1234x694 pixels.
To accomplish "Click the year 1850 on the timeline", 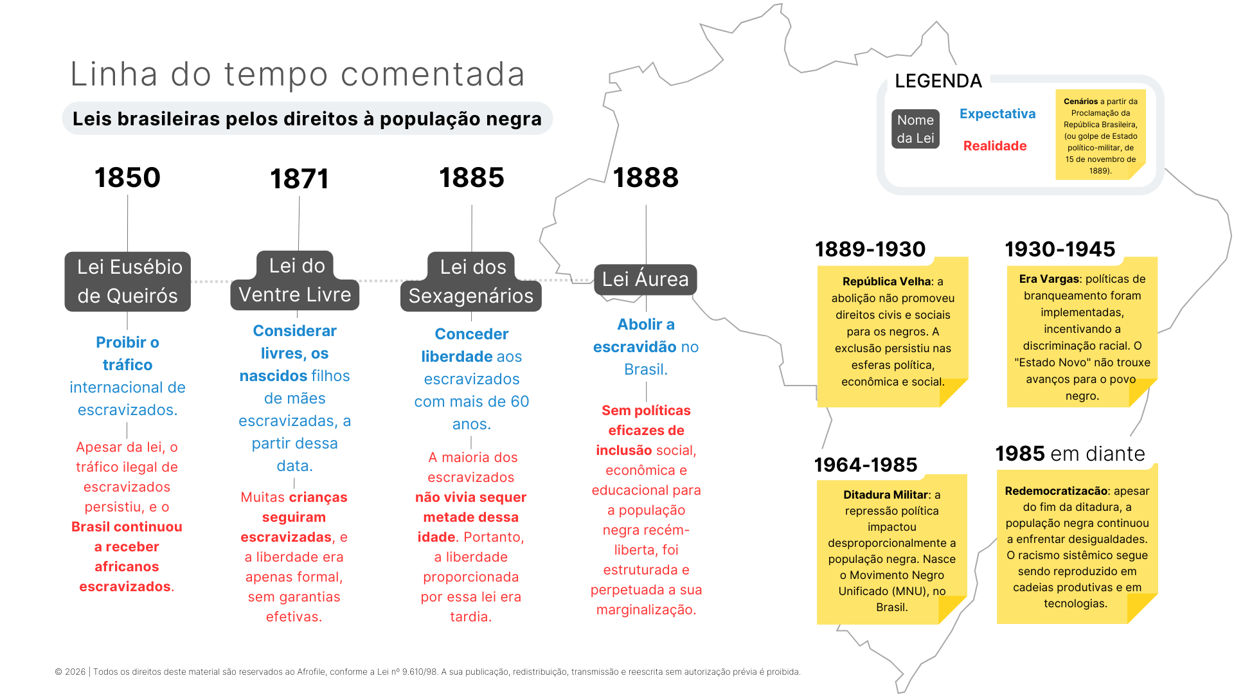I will click(x=127, y=177).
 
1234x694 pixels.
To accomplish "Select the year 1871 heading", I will click(x=300, y=179).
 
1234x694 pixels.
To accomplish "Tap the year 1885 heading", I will click(x=472, y=177).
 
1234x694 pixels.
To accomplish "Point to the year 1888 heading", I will click(x=645, y=177).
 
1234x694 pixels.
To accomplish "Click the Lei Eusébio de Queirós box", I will click(x=127, y=281).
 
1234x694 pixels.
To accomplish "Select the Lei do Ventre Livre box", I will click(x=295, y=281).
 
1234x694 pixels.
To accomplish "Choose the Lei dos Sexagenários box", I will click(x=471, y=281).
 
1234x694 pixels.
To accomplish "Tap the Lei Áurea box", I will click(x=645, y=280).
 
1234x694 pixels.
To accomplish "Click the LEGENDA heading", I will click(x=938, y=81).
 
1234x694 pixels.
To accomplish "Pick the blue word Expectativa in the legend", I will click(x=997, y=114).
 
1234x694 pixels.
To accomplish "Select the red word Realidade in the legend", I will click(x=995, y=146).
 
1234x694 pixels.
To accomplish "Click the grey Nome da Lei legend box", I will click(x=915, y=129).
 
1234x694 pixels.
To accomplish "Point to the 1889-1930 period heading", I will click(x=870, y=249).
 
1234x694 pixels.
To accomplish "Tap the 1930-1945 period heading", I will click(x=1060, y=249).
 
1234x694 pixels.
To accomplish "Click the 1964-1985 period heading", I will click(x=866, y=465).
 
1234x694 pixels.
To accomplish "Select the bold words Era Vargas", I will click(x=1049, y=279).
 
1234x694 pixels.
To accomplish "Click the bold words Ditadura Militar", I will click(x=886, y=495).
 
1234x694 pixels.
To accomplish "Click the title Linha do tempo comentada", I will click(x=298, y=74).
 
